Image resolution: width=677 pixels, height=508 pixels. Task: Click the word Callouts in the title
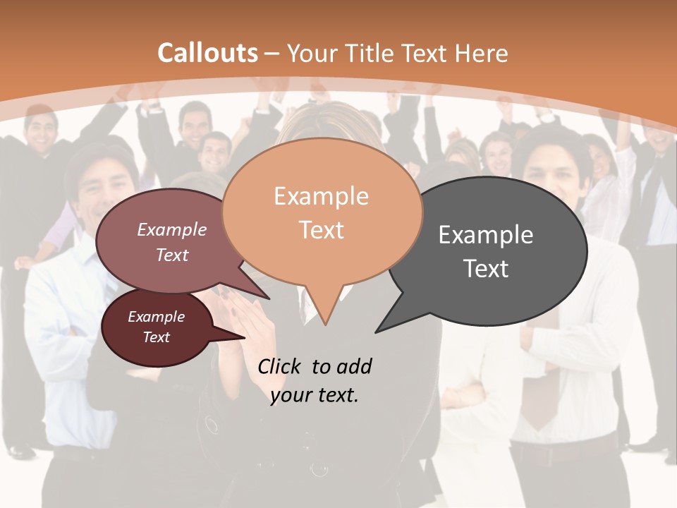tap(207, 53)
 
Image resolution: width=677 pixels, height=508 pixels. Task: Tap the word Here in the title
tap(482, 53)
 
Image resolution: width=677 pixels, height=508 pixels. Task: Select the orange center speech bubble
tap(322, 212)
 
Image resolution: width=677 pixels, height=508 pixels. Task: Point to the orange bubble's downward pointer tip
tap(325, 324)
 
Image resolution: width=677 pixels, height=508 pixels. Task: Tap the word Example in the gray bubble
tap(486, 235)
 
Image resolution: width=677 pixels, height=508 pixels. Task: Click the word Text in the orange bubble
tap(322, 230)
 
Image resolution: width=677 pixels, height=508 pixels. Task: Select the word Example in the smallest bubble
tap(157, 317)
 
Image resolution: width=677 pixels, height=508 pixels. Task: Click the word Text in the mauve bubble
tap(172, 255)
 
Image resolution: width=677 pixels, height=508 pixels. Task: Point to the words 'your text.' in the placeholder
tap(315, 395)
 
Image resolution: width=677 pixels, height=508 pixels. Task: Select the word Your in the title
tap(312, 53)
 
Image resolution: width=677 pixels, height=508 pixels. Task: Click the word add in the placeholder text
tap(355, 366)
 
